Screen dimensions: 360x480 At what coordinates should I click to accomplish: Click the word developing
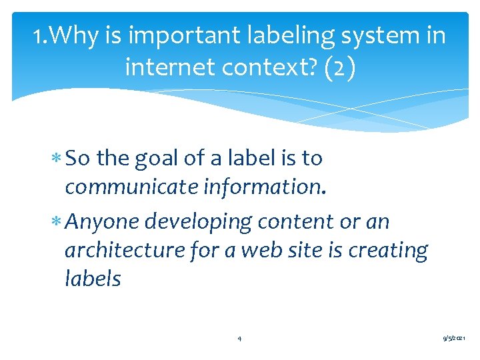[209, 221]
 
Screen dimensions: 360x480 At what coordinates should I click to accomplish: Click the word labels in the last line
[93, 279]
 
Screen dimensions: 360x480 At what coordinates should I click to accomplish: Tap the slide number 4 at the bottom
[239, 339]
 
